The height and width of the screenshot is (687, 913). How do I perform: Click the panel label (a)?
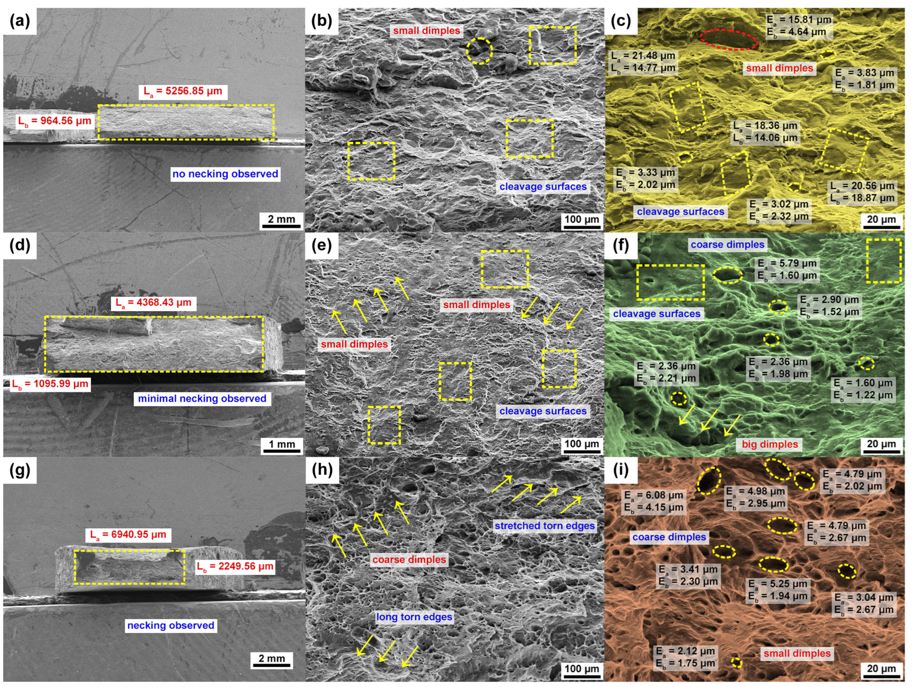(x=20, y=21)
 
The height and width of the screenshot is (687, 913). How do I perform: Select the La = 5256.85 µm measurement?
(x=182, y=91)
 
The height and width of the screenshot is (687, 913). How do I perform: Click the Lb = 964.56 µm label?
(x=54, y=122)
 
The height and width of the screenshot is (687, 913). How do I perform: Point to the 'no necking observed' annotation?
(x=225, y=174)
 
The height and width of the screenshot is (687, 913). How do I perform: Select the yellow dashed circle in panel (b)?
(x=479, y=50)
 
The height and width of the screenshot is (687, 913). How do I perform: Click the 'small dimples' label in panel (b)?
(x=427, y=31)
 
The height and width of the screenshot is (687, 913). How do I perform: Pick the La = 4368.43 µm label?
(x=153, y=303)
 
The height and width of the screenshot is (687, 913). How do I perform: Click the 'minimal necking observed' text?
(x=202, y=399)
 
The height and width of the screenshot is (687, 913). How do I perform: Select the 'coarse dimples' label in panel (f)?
(x=727, y=245)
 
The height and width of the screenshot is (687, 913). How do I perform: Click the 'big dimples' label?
(x=770, y=444)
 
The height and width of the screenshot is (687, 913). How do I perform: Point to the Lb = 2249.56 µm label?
(x=235, y=566)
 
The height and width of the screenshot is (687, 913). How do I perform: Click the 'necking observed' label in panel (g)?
(x=170, y=625)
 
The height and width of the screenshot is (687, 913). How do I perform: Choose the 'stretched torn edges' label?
(x=545, y=526)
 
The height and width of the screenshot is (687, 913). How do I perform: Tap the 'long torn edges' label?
(x=414, y=617)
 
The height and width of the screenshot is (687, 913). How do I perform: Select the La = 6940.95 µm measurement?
(x=128, y=535)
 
